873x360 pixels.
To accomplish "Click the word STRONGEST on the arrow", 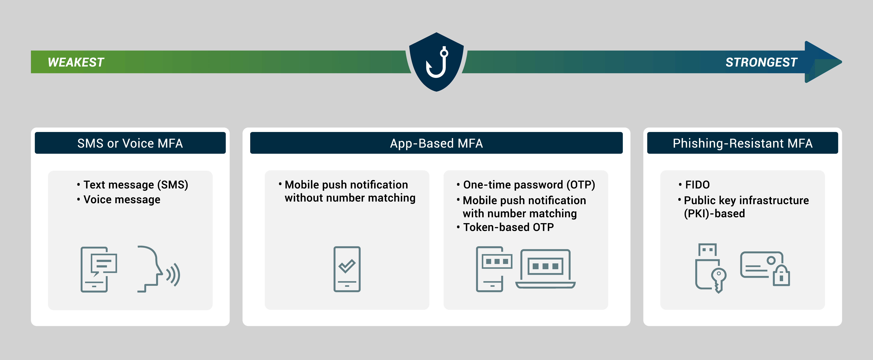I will tap(761, 62).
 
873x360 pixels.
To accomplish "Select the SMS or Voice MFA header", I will tap(130, 143).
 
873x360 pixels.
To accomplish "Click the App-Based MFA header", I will tap(436, 143).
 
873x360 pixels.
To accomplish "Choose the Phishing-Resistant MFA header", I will tap(742, 143).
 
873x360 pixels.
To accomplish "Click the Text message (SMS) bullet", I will tap(135, 185).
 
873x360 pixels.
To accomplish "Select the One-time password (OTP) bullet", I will tap(529, 185).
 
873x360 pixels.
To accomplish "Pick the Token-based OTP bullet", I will tap(508, 227).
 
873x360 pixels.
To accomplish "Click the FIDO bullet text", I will tap(697, 185).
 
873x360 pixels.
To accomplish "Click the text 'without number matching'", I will tap(350, 198).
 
